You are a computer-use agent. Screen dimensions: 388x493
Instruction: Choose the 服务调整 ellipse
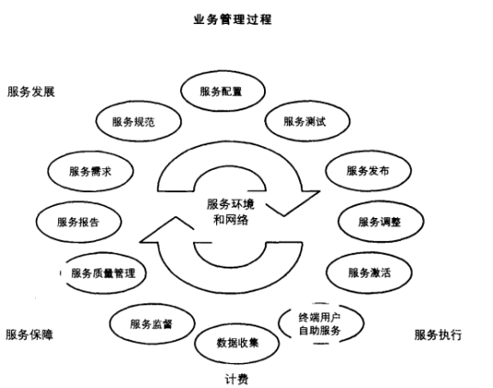point(378,222)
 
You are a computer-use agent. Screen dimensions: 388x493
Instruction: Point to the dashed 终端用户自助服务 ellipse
point(319,324)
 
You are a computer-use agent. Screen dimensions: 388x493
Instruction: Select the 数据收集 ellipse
point(237,343)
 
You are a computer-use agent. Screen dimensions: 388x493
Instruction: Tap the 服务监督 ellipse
point(151,323)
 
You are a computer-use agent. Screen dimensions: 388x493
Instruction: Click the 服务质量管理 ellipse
point(107,273)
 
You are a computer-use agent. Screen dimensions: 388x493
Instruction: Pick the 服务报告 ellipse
point(78,222)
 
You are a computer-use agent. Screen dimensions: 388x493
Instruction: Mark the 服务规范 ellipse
point(134,120)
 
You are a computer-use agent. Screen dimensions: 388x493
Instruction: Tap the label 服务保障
point(29,335)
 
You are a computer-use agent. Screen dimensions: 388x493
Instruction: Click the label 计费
point(236,378)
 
